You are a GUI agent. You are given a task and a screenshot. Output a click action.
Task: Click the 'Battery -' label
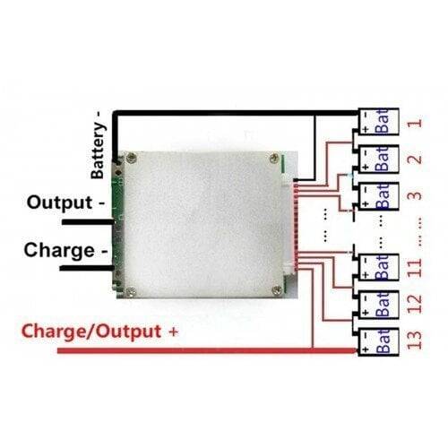pos(99,145)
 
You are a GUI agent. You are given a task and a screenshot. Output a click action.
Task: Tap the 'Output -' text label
pos(65,202)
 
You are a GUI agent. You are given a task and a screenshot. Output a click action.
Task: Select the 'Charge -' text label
pos(65,250)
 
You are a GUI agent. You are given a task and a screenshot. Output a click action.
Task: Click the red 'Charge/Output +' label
pos(99,332)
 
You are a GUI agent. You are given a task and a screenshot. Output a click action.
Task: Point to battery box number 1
pos(378,122)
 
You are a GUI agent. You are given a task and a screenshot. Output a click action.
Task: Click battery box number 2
pos(378,159)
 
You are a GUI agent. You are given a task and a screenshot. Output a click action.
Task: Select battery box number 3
pos(378,196)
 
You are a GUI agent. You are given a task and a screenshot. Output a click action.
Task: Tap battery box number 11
pos(378,267)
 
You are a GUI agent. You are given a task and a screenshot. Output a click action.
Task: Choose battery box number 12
pos(378,305)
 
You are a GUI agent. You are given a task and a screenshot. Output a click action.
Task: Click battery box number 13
pos(378,341)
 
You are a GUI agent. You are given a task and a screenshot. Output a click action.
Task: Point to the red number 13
pos(415,340)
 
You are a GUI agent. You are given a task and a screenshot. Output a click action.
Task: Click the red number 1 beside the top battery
pos(416,123)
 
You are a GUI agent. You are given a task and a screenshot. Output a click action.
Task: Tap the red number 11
pos(415,268)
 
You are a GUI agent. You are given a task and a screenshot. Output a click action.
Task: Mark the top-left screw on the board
pos(131,158)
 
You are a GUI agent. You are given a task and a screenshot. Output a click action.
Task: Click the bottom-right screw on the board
pos(277,289)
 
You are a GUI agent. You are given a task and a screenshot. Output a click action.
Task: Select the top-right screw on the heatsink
pos(275,159)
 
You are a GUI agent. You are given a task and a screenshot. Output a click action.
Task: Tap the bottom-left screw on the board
pos(131,292)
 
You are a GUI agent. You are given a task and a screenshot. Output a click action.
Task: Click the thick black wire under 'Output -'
pos(88,222)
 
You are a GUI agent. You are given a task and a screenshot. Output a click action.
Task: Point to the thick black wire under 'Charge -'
pos(87,268)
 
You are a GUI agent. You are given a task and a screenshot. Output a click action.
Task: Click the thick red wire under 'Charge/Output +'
pos(208,350)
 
